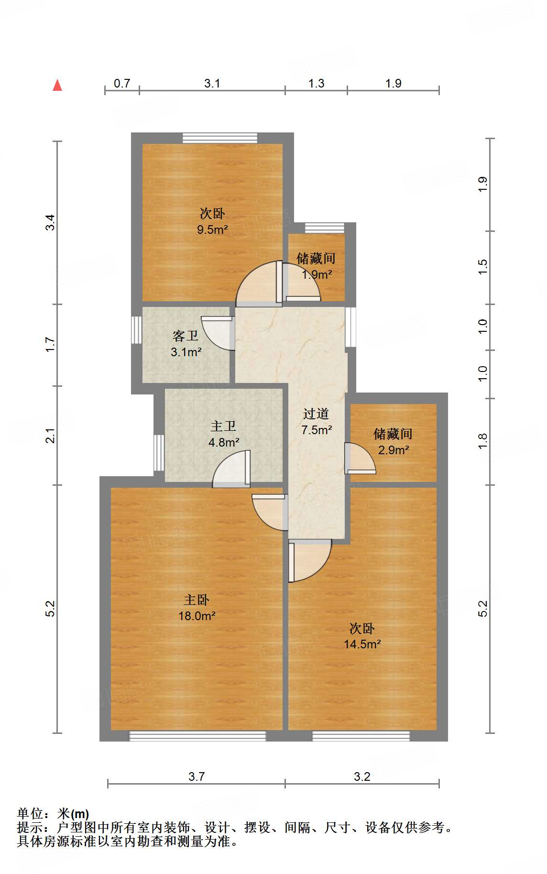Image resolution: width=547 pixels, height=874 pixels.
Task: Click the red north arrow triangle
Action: (57, 85)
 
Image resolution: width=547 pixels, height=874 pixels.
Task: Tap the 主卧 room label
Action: (197, 600)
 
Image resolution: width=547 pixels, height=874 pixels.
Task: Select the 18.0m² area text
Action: (197, 616)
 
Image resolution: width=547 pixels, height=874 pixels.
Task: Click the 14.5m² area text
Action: (362, 644)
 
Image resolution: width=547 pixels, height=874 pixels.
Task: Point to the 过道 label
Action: (316, 414)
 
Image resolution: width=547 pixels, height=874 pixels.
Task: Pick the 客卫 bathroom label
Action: (186, 336)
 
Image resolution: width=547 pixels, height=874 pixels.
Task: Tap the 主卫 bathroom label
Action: (223, 426)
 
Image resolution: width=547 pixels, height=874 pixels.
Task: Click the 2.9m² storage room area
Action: (394, 450)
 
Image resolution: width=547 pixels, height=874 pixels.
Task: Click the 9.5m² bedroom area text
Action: (212, 229)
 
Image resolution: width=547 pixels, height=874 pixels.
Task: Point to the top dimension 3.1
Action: (212, 83)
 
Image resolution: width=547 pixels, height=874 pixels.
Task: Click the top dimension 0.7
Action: (122, 83)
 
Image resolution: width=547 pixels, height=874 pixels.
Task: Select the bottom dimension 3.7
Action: (197, 776)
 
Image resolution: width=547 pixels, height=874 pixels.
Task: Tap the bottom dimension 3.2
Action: (362, 776)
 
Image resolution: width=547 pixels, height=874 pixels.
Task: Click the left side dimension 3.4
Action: (50, 223)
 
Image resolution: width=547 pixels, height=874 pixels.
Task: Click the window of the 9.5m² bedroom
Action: (220, 138)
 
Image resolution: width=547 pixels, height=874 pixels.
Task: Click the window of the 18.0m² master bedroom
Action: (197, 736)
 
